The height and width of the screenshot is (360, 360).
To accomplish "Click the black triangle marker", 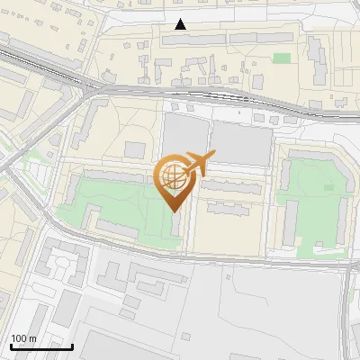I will coord(181,24).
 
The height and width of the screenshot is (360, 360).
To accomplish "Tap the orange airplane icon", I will coord(197,163).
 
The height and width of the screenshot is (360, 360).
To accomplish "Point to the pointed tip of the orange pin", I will coord(174,211).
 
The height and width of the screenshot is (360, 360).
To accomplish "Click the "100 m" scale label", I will coord(24,338).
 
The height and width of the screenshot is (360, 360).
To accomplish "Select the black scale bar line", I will coord(41,346).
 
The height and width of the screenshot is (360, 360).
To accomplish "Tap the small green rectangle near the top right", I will coord(282,58).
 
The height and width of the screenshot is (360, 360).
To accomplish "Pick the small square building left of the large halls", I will coord(135,149).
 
